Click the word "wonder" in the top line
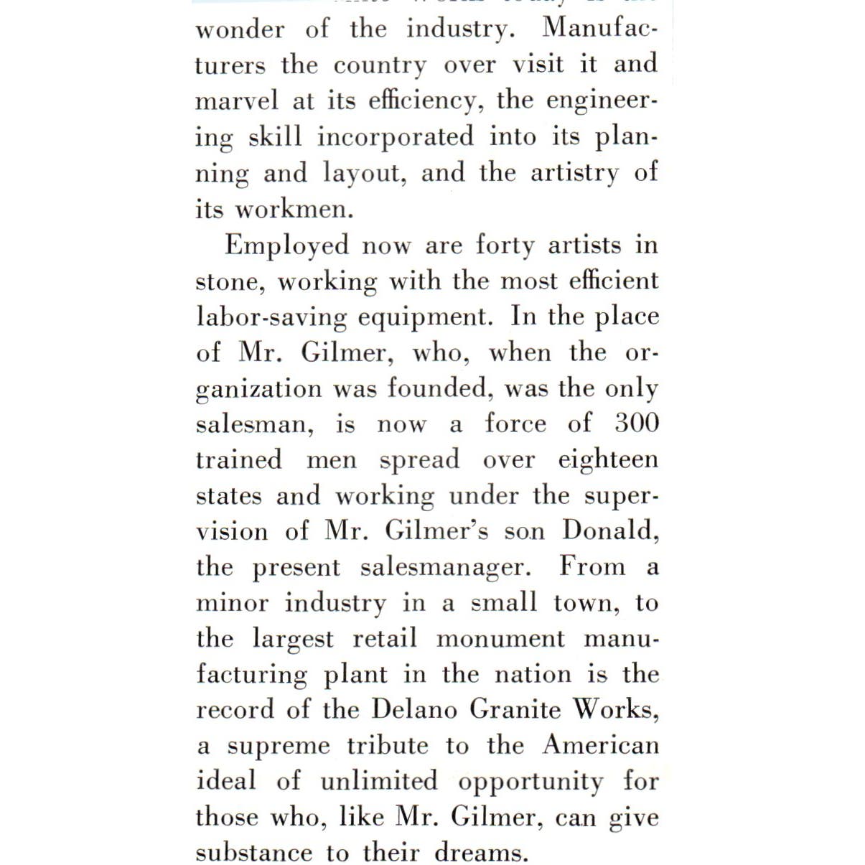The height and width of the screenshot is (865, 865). pyautogui.click(x=240, y=29)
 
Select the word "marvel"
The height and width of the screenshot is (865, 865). pyautogui.click(x=236, y=100)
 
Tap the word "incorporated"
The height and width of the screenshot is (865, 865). pyautogui.click(x=396, y=136)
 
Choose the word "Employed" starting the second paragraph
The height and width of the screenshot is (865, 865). pyautogui.click(x=286, y=246)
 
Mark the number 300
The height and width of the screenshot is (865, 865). pyautogui.click(x=637, y=423)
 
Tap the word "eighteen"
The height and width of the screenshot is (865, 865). pyautogui.click(x=608, y=460)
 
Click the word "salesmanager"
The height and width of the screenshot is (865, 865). pyautogui.click(x=444, y=567)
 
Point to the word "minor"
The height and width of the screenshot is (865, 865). pyautogui.click(x=232, y=602)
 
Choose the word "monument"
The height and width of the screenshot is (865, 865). pyautogui.click(x=501, y=638)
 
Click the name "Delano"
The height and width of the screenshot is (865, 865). pyautogui.click(x=414, y=709)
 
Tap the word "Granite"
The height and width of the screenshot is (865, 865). pyautogui.click(x=515, y=709)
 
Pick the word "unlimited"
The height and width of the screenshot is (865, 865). pyautogui.click(x=378, y=780)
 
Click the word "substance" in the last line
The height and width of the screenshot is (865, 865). pyautogui.click(x=254, y=852)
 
